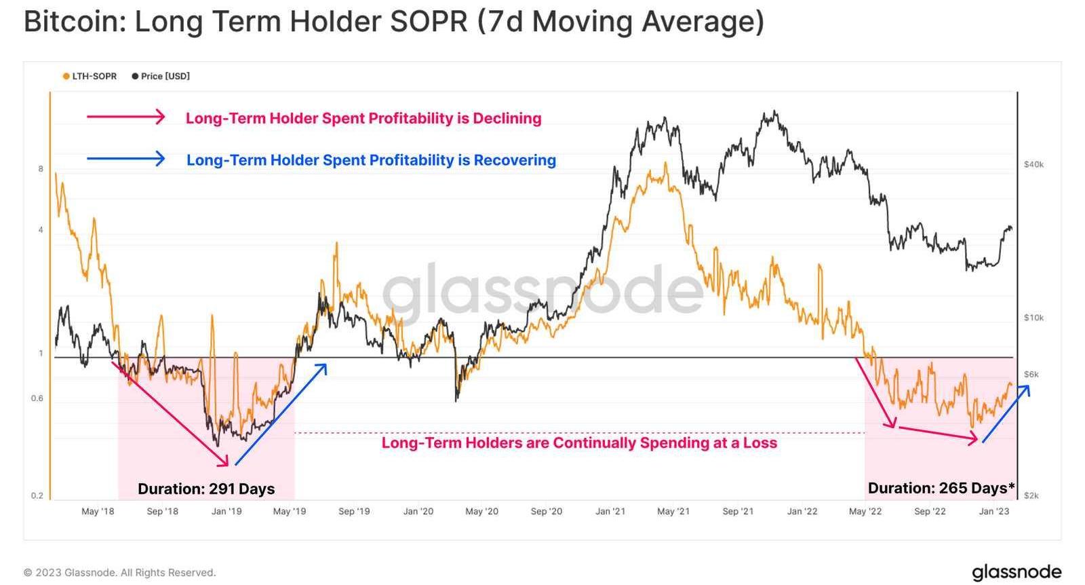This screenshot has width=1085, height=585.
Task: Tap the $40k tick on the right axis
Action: pyautogui.click(x=1033, y=164)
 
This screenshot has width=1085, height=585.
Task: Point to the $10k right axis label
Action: pyautogui.click(x=1033, y=318)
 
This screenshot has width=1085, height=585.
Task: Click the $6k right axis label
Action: pyautogui.click(x=1031, y=374)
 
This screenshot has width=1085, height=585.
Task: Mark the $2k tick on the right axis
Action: pyautogui.click(x=1031, y=495)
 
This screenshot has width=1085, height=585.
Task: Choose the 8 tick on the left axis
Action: pyautogui.click(x=41, y=169)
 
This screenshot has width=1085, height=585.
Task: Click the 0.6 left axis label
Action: pyautogui.click(x=37, y=398)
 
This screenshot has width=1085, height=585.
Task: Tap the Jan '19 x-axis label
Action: pyautogui.click(x=226, y=511)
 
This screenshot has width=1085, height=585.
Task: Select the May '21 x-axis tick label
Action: pyautogui.click(x=673, y=511)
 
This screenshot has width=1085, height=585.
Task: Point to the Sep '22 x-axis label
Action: pyautogui.click(x=930, y=511)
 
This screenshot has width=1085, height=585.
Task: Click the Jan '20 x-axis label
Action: pyautogui.click(x=418, y=511)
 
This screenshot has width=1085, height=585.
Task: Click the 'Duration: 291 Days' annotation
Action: pyautogui.click(x=206, y=489)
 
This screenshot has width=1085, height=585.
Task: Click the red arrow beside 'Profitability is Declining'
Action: pyautogui.click(x=125, y=117)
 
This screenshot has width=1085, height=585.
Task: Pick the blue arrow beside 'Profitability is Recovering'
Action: pyautogui.click(x=125, y=159)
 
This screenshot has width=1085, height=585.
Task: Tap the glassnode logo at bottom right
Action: pyautogui.click(x=1016, y=571)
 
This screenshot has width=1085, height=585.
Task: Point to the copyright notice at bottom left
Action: pyautogui.click(x=119, y=572)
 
